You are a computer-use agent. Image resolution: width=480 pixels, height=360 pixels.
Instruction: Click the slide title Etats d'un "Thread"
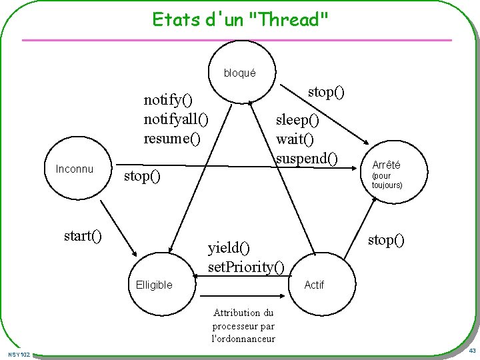[240, 19]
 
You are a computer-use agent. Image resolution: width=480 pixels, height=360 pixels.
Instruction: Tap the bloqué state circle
[239, 73]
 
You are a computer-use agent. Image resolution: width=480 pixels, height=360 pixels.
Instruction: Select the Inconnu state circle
[75, 169]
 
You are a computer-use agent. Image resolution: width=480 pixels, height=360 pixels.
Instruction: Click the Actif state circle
[313, 285]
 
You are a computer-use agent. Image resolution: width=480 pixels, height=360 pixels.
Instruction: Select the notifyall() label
[176, 119]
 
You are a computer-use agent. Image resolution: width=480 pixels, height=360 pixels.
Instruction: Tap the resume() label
[172, 139]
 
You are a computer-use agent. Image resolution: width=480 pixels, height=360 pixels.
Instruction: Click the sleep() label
[298, 120]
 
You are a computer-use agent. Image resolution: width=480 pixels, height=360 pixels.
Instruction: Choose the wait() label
[295, 139]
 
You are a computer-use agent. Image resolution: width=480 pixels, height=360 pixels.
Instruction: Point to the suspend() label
[307, 158]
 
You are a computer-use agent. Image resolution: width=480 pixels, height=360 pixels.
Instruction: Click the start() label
[83, 235]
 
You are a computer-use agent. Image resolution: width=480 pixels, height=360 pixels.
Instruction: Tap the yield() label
[229, 248]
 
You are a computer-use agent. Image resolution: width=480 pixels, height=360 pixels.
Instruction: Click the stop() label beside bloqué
[326, 91]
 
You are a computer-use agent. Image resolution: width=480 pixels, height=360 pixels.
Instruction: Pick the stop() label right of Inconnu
[143, 177]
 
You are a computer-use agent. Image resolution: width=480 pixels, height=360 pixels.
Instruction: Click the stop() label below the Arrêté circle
[387, 239]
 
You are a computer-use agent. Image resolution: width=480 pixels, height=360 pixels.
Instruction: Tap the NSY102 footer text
[19, 354]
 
